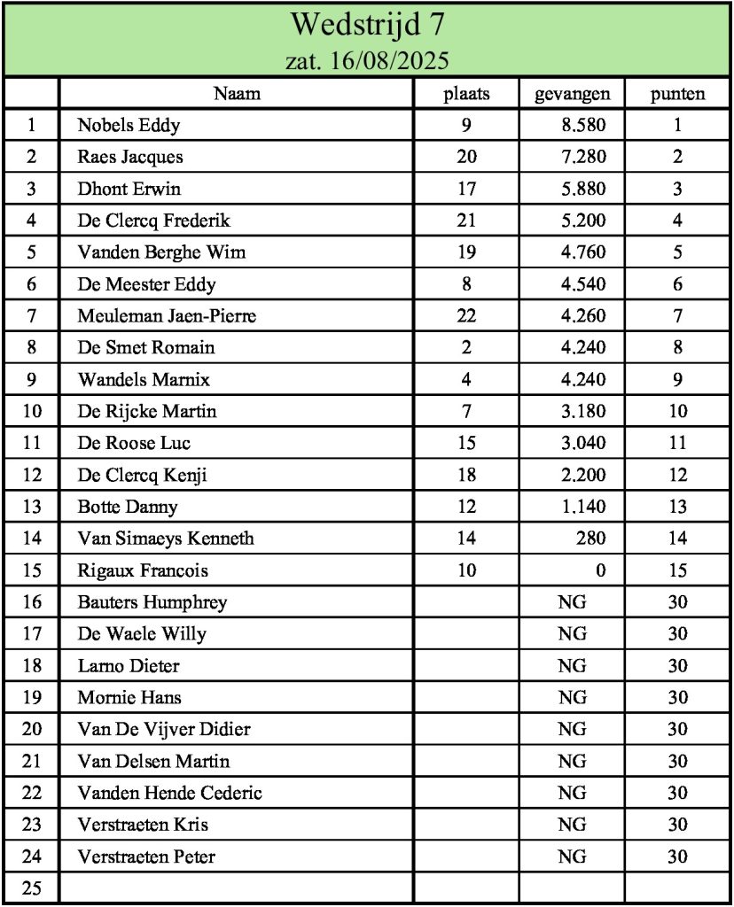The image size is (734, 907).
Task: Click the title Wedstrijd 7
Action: tap(367, 25)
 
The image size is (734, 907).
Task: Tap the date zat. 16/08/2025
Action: tap(367, 61)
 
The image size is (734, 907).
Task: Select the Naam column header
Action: tap(237, 94)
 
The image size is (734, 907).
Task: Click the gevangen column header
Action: tap(572, 94)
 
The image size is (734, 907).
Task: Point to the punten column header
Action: tap(677, 94)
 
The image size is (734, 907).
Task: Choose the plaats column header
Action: tap(466, 94)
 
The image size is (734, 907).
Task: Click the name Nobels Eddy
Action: tap(129, 125)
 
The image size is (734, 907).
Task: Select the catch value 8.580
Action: tap(583, 125)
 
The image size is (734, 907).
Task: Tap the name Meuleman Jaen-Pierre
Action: tap(167, 316)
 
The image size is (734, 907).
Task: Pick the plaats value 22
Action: tap(466, 316)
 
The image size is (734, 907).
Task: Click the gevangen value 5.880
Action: tap(583, 189)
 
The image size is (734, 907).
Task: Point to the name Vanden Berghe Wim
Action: tap(161, 252)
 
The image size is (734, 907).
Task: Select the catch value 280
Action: tap(590, 539)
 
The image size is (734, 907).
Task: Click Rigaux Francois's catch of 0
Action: tap(601, 570)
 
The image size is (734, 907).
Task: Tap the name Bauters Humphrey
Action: tap(152, 602)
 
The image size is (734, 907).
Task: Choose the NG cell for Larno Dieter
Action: tap(572, 666)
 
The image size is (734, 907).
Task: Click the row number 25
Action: tap(32, 888)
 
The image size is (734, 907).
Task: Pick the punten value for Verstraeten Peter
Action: tap(677, 857)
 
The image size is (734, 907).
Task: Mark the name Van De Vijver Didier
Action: tap(164, 730)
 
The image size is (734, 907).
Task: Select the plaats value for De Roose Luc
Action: tap(466, 443)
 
